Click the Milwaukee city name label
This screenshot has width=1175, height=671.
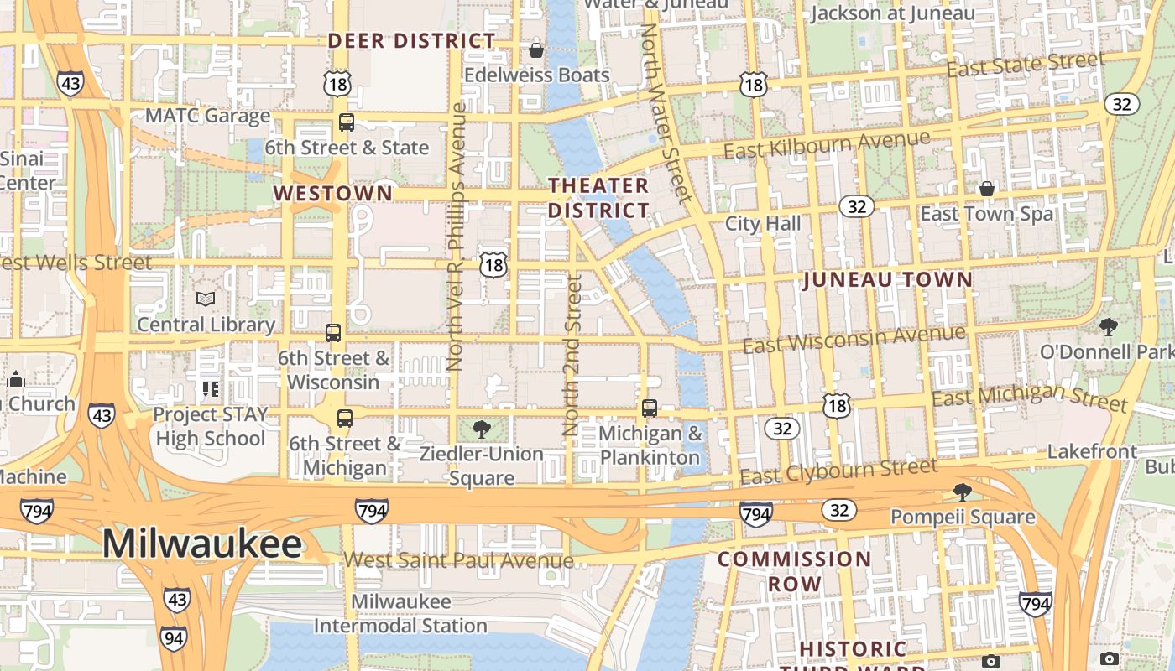point(201,544)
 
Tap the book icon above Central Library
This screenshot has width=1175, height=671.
point(206,299)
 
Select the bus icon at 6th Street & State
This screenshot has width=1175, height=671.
point(347,122)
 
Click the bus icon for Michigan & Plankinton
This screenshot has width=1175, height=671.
point(650,408)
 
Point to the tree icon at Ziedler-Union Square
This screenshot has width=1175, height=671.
point(482,430)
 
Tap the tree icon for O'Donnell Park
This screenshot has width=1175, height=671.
point(1109,327)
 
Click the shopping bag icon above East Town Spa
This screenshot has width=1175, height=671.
point(987,189)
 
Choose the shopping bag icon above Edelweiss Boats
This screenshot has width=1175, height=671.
point(536,50)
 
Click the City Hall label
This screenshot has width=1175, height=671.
point(763,223)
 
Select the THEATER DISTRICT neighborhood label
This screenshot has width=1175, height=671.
point(598,197)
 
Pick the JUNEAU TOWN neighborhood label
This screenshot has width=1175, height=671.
point(888,280)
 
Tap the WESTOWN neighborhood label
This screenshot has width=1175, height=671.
point(332,194)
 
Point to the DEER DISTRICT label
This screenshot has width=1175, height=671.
point(411,40)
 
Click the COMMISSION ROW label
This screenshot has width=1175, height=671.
point(794,570)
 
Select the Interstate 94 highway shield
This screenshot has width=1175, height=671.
point(174,638)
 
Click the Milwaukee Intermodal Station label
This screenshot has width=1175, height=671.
point(400,613)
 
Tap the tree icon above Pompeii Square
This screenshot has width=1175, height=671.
point(963,492)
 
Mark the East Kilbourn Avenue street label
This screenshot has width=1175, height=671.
point(827,144)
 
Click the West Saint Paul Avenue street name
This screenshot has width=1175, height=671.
point(458,560)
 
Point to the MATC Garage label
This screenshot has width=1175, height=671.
point(207,116)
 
